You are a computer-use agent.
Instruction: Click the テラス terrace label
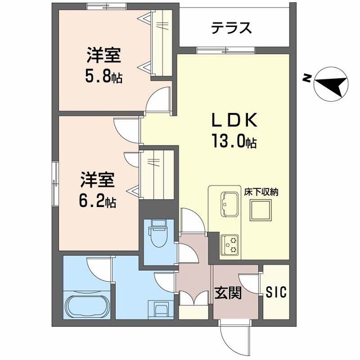(231, 28)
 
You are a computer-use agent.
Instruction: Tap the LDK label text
(234, 120)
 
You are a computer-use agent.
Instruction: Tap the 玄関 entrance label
(228, 292)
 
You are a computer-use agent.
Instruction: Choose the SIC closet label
(276, 292)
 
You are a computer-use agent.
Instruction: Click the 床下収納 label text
(261, 192)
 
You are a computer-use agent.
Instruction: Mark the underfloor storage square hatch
(260, 210)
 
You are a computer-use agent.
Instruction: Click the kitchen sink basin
(229, 204)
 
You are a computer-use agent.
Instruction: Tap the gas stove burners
(229, 245)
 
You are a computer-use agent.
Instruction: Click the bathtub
(87, 305)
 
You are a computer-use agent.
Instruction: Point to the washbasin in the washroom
(161, 309)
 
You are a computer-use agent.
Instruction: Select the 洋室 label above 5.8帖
(103, 55)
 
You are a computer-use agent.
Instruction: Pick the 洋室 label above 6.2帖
(97, 180)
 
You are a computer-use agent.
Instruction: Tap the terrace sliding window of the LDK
(226, 50)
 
